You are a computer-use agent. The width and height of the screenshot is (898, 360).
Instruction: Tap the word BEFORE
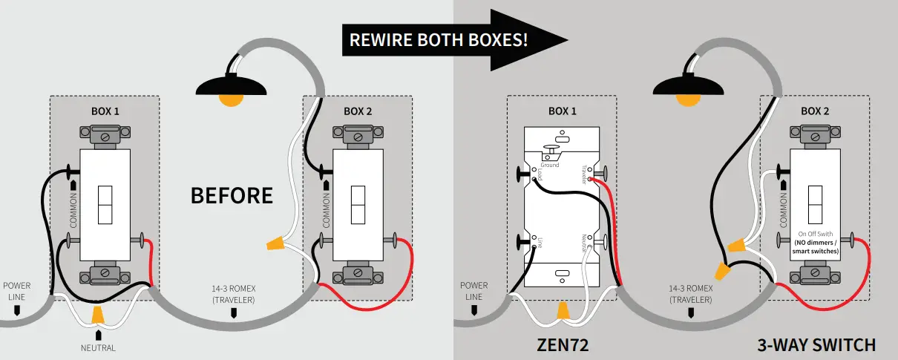[232, 196]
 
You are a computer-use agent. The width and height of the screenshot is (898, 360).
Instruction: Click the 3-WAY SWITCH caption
[816, 345]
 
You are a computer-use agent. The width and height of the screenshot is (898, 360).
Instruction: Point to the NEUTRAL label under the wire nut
[98, 347]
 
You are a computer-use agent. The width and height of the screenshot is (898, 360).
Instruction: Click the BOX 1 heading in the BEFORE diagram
[105, 111]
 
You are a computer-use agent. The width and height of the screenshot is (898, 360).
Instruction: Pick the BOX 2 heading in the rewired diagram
[815, 111]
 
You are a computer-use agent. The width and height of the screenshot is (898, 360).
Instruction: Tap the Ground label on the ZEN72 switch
[550, 165]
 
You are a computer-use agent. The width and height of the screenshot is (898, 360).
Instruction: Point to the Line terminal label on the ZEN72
[540, 241]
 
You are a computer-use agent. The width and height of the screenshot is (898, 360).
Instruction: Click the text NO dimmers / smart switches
[815, 247]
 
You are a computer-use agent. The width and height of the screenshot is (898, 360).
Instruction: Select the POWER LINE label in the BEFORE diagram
[17, 290]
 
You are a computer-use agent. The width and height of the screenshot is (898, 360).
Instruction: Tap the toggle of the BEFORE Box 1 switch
[105, 205]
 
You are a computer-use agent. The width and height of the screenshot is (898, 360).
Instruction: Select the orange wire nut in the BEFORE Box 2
[275, 243]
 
